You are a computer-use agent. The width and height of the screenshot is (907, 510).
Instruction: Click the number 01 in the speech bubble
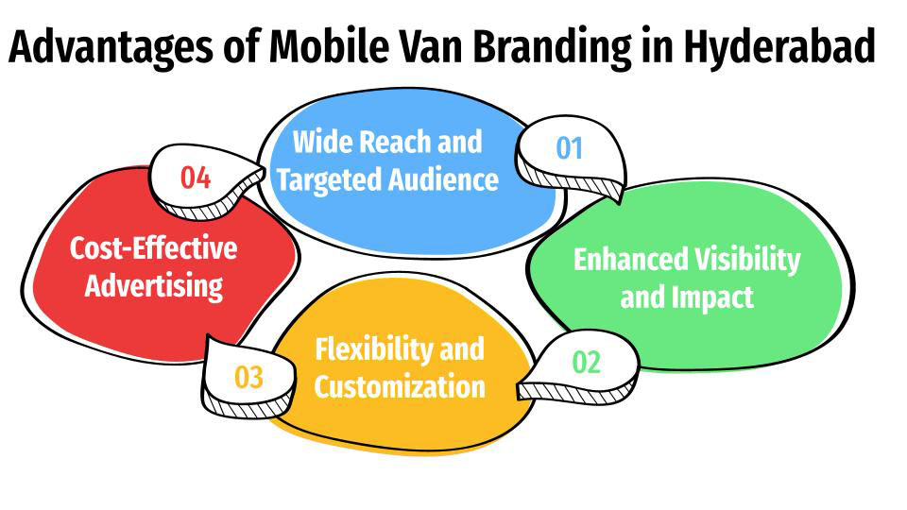coord(569,148)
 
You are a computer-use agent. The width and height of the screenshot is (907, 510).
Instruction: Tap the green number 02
coord(586,363)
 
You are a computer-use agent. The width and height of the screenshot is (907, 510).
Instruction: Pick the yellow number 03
coord(248,378)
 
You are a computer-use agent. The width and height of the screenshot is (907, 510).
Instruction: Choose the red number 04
coord(195,177)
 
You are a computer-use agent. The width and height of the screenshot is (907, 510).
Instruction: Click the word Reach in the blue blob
coord(389,143)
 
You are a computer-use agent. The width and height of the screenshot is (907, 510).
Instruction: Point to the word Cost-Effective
coord(154,249)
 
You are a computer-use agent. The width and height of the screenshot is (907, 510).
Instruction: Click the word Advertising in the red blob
coord(154,285)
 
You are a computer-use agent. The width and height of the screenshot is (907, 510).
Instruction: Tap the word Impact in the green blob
coord(712,297)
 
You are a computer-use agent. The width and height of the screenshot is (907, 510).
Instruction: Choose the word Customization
coord(400,386)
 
